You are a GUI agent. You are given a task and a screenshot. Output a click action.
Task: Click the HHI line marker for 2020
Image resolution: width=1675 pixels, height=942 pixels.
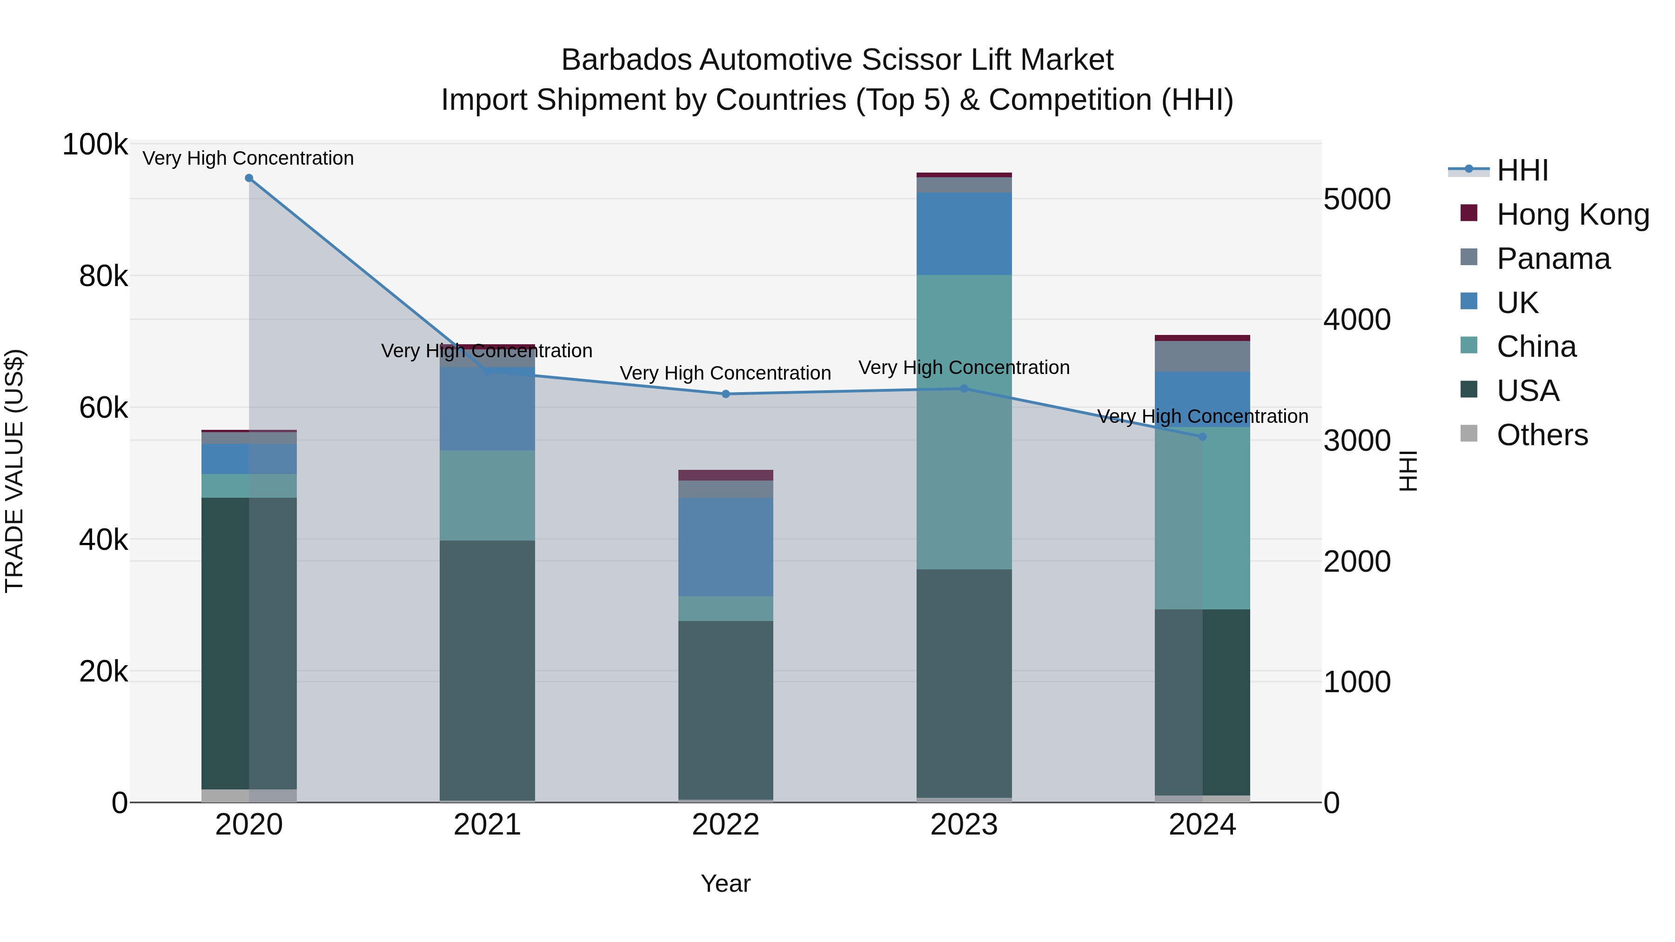[249, 178]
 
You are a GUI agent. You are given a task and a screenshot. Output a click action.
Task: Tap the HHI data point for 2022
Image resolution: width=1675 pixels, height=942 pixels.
[726, 394]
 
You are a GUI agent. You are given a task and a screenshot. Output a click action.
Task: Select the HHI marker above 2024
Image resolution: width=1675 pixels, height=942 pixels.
[1202, 437]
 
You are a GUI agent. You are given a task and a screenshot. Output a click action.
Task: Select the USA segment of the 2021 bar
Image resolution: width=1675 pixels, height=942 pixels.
[487, 669]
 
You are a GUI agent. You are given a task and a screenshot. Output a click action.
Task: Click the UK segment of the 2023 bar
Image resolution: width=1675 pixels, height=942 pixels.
[965, 234]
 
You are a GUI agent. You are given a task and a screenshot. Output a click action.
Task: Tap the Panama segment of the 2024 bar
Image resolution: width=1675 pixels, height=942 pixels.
[1202, 356]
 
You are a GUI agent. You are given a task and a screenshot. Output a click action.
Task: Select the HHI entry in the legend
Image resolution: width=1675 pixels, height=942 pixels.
[1521, 170]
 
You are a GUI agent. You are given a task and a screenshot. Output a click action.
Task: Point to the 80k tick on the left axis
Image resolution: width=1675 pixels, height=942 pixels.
[103, 276]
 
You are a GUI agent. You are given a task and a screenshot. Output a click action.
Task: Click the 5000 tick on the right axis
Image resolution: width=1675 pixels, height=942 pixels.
[1357, 199]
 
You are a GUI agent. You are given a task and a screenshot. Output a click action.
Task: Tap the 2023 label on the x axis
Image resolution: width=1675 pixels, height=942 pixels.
[965, 825]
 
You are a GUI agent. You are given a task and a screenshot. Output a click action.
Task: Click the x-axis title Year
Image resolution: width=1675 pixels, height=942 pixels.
[726, 883]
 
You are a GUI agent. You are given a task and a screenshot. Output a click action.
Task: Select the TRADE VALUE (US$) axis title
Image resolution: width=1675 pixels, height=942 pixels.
[14, 471]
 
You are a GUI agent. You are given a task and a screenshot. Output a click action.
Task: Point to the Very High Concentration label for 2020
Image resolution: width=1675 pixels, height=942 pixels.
[248, 158]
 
